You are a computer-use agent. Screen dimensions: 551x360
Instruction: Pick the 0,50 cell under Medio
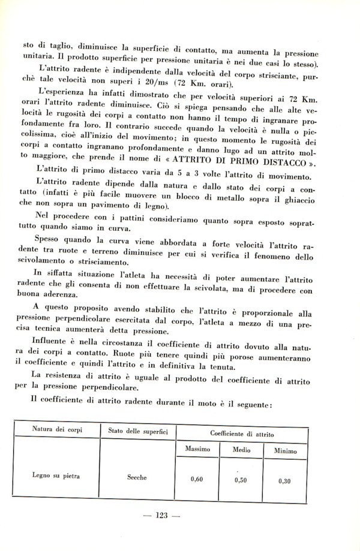click(x=241, y=480)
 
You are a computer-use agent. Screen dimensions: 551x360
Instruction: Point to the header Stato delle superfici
click(x=137, y=430)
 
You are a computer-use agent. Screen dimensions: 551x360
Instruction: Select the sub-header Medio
click(x=241, y=448)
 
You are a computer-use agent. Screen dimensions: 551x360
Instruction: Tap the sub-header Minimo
click(x=285, y=450)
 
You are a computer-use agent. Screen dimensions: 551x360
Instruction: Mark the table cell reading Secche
click(x=137, y=478)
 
